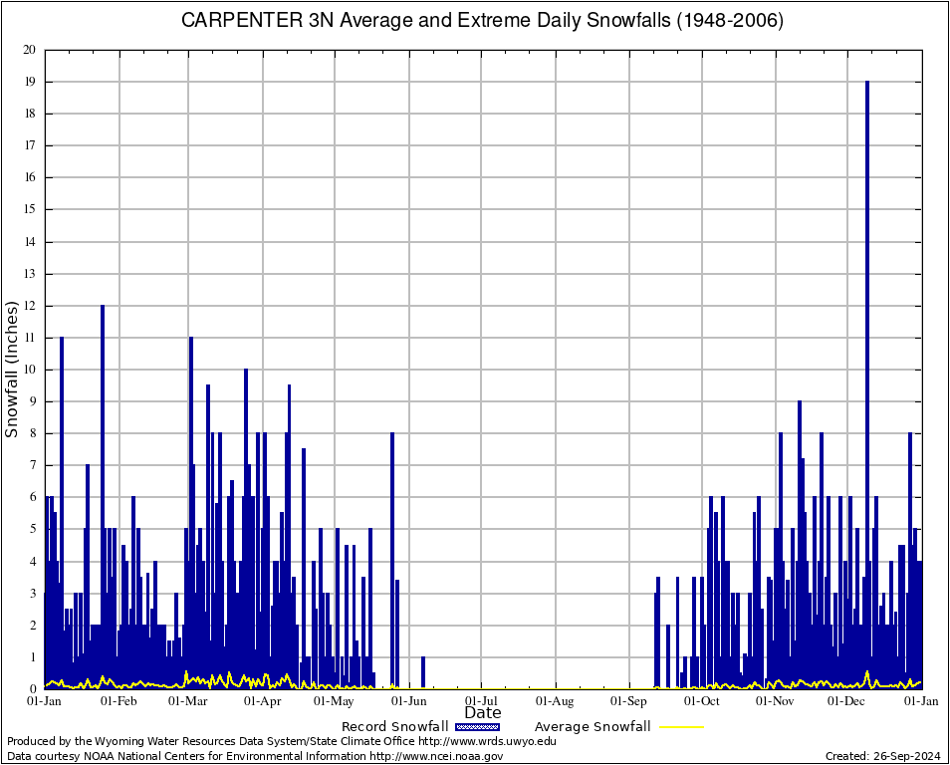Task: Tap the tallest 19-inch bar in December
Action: click(x=867, y=379)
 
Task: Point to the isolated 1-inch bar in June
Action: click(x=423, y=672)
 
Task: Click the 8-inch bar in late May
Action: click(x=392, y=558)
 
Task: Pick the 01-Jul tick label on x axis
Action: click(x=482, y=701)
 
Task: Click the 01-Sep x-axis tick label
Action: click(x=629, y=701)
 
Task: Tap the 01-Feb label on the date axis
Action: click(x=119, y=701)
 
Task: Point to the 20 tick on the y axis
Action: click(x=29, y=50)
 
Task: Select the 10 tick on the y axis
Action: click(x=29, y=370)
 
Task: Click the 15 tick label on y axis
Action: click(x=29, y=209)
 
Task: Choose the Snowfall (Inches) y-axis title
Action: click(x=12, y=370)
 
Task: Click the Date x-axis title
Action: click(x=483, y=713)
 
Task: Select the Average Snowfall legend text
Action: click(x=592, y=727)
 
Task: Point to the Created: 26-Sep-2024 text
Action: click(x=883, y=756)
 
